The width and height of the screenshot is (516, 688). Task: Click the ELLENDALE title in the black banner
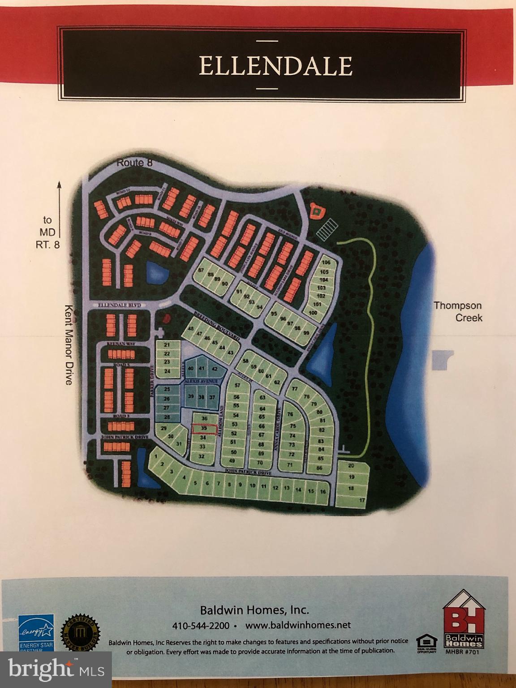point(275,66)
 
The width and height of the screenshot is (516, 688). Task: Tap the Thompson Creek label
point(457,311)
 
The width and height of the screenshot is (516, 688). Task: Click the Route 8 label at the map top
point(134,163)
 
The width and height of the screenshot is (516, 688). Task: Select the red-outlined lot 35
point(204,429)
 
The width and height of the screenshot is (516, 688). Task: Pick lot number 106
point(326,262)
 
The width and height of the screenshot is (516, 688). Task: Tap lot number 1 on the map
point(155,456)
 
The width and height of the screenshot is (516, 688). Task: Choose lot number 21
point(167,345)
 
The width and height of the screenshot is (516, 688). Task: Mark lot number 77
point(294,389)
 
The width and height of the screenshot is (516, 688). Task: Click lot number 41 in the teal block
point(202,368)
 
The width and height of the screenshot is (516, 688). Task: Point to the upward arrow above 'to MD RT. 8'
point(59,197)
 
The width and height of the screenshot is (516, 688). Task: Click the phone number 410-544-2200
point(201,625)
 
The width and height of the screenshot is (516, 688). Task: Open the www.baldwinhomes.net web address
point(298,625)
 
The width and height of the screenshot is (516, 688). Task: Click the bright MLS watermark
point(56,669)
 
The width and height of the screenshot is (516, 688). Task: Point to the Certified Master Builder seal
point(81,634)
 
